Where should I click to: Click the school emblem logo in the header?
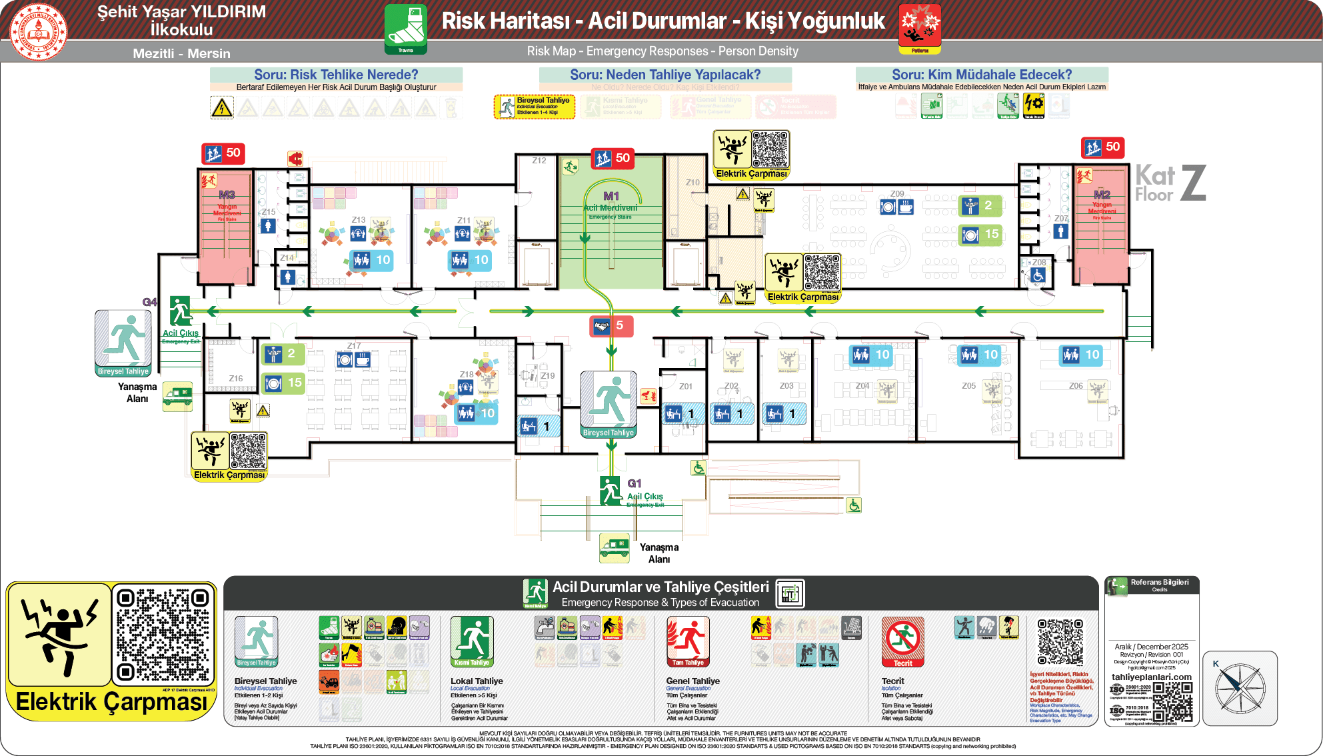click(x=39, y=31)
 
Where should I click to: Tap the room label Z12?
click(x=539, y=161)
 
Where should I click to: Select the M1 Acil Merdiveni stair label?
click(x=611, y=201)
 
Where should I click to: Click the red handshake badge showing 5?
click(x=611, y=326)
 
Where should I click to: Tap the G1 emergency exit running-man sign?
click(x=611, y=491)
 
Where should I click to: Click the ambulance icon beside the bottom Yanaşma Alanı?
click(x=614, y=547)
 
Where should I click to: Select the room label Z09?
click(x=897, y=194)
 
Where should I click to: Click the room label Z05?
click(x=968, y=386)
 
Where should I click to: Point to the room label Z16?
click(x=236, y=379)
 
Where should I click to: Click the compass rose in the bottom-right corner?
click(x=1240, y=689)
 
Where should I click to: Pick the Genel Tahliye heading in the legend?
click(x=692, y=681)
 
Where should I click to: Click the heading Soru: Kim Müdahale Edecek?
click(x=981, y=75)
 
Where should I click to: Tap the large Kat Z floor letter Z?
click(x=1193, y=183)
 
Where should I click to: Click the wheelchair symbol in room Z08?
click(x=1038, y=275)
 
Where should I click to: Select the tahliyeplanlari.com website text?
click(x=1151, y=677)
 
